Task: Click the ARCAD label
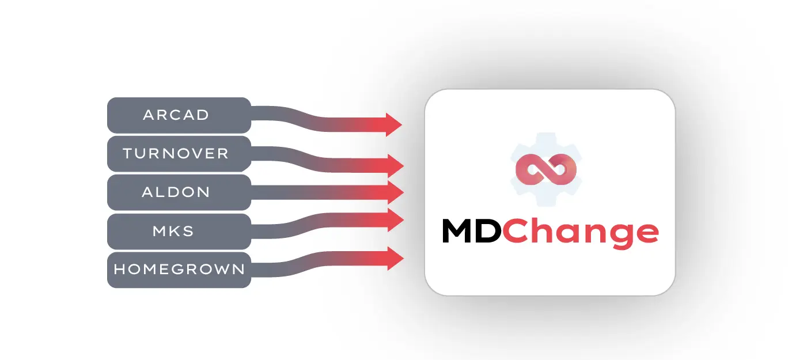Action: tap(176, 115)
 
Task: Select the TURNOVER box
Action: tap(179, 154)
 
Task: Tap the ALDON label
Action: tap(176, 192)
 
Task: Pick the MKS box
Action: tap(179, 232)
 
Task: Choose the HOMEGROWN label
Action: tap(179, 269)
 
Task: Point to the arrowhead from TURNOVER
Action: tap(396, 165)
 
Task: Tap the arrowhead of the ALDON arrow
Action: tap(396, 192)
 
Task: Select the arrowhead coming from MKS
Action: tap(396, 220)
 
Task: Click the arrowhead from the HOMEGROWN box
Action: tap(396, 259)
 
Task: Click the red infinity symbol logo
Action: tap(546, 169)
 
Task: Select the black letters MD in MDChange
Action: tap(472, 231)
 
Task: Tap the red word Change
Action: tap(581, 234)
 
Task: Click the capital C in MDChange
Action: tap(515, 231)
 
